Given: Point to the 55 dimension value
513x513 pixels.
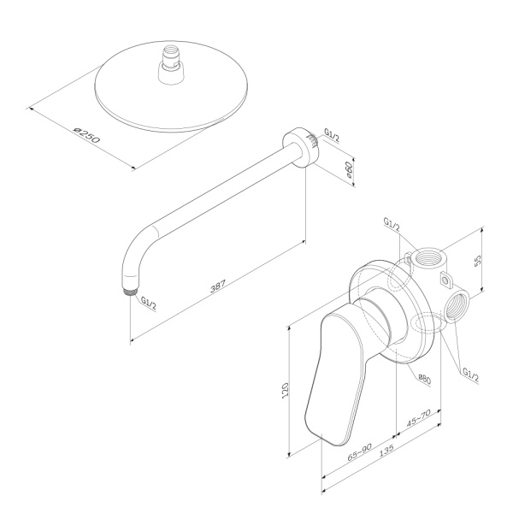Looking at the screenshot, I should coord(479,258).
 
